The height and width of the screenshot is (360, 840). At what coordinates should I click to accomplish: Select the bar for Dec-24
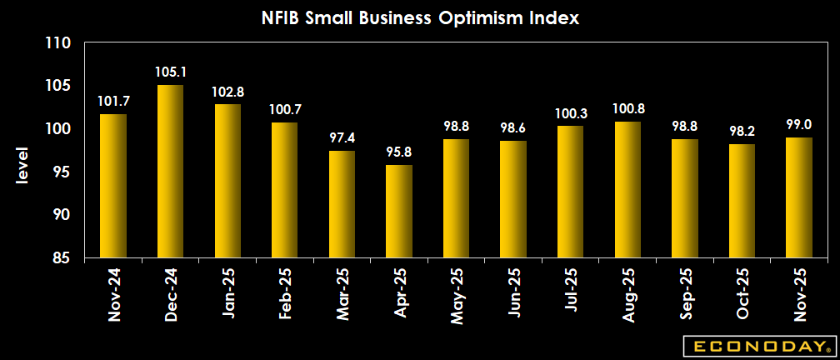[x=170, y=172]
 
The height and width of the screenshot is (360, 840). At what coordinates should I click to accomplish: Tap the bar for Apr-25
[x=399, y=212]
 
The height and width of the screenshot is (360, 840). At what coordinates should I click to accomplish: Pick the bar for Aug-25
[x=627, y=190]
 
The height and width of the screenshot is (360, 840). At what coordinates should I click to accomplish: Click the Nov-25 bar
[x=799, y=197]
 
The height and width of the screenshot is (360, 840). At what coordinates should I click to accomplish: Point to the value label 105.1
[x=170, y=72]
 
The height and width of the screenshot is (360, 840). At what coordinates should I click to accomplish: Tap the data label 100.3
[x=571, y=112]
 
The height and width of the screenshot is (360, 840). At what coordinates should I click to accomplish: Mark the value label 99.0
[x=799, y=123]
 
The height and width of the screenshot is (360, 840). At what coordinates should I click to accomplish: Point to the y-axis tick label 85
[x=60, y=258]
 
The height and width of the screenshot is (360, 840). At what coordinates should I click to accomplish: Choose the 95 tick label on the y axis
[x=60, y=172]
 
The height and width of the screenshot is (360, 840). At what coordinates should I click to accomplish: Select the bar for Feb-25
[x=284, y=190]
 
